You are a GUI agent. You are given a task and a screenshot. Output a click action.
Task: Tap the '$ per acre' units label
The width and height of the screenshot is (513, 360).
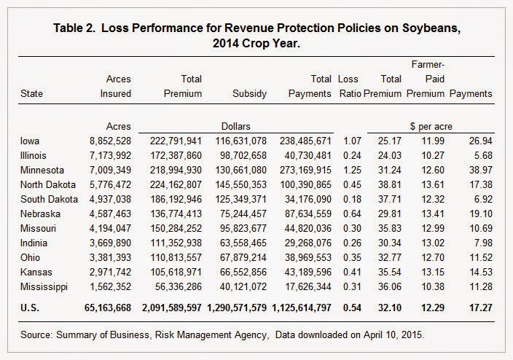click(430, 126)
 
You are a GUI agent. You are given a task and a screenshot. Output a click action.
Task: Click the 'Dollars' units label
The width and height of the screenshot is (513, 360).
click(235, 126)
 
